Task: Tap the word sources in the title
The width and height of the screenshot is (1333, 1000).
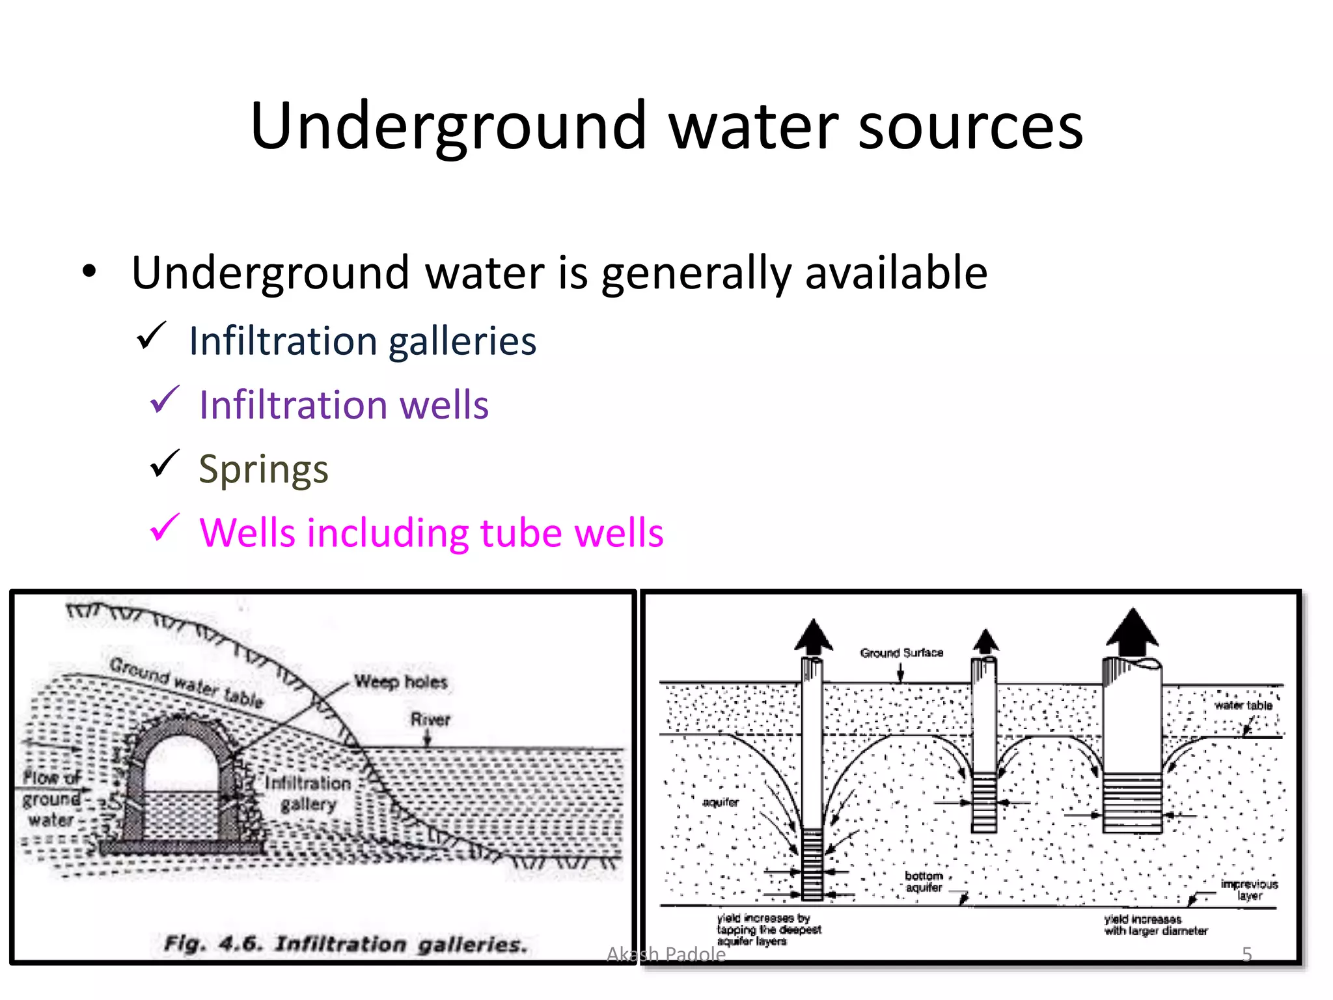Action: click(970, 127)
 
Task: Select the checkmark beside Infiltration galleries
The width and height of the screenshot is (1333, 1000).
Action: click(152, 337)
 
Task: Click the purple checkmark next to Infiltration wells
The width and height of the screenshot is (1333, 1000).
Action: click(164, 400)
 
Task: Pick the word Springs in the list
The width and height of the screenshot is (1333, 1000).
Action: click(264, 469)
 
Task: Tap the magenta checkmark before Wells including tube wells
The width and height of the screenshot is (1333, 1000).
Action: click(164, 528)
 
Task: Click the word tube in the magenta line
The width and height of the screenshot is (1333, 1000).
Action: click(521, 533)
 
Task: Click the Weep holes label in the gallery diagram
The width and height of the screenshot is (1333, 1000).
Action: click(401, 682)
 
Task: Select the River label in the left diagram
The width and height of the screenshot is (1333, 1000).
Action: click(430, 719)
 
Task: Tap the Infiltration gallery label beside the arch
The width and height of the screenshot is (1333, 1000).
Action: click(308, 793)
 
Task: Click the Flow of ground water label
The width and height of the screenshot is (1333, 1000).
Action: click(51, 798)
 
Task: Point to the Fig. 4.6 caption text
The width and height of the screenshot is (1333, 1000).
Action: click(345, 943)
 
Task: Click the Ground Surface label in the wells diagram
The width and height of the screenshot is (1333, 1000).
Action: click(901, 652)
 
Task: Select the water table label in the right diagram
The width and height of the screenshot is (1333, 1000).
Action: click(1243, 705)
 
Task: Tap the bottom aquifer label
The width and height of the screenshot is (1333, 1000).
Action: click(924, 882)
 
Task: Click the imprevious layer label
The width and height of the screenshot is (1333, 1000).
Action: click(1249, 889)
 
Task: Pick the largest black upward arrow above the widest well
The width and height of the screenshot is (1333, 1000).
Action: click(1133, 631)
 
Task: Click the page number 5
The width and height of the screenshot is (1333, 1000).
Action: click(1246, 954)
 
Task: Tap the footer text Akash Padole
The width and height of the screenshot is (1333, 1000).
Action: click(666, 954)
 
